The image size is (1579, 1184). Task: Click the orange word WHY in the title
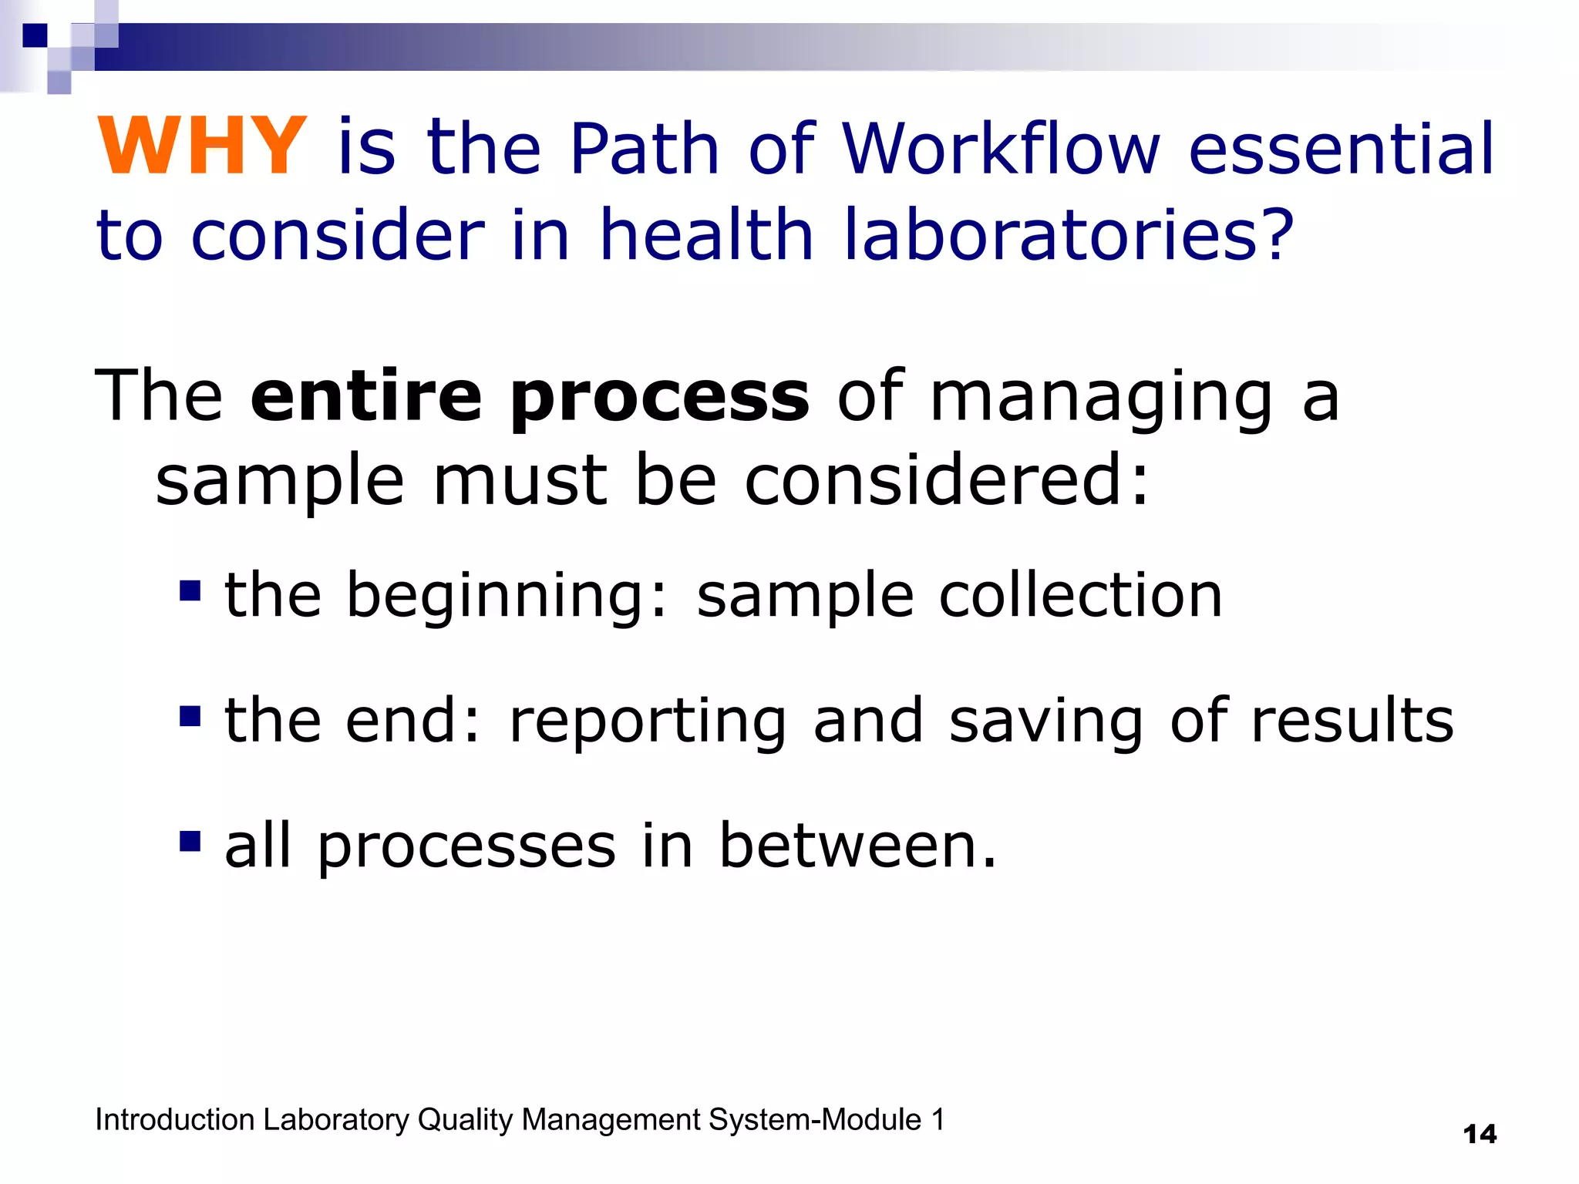point(202,146)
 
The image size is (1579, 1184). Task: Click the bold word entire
point(366,396)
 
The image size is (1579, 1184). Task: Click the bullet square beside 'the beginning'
point(190,591)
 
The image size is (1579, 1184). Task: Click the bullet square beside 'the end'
point(190,717)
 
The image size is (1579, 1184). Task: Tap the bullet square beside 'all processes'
point(190,841)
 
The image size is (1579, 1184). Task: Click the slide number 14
point(1479,1135)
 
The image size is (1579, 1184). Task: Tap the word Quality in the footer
point(464,1120)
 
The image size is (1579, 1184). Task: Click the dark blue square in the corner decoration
point(35,35)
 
